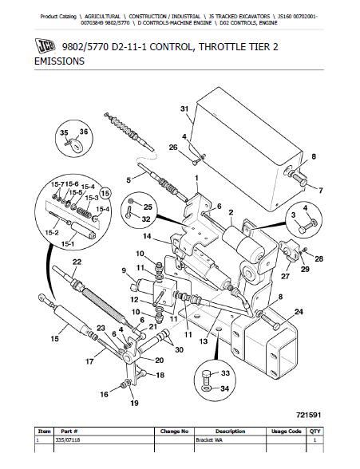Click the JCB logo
(45, 46)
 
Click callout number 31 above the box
(184, 108)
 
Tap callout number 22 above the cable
(77, 262)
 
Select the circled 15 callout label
(105, 194)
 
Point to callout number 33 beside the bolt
(225, 373)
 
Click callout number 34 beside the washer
(225, 388)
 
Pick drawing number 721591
(309, 415)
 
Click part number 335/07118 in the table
(68, 440)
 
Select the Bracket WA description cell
(209, 440)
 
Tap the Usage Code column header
(286, 432)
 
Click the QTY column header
(315, 432)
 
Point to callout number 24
(299, 312)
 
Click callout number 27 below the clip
(285, 276)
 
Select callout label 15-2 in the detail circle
(52, 232)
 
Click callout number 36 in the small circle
(84, 132)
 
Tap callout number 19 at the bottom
(134, 403)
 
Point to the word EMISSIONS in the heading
(59, 61)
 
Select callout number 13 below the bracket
(204, 341)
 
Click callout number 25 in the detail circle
(148, 207)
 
